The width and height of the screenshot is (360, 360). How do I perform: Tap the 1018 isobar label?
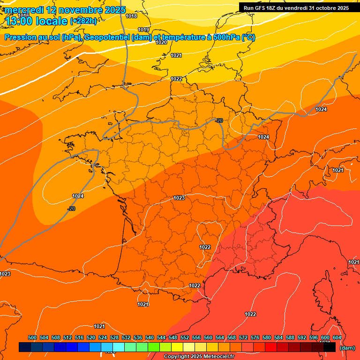coord(132,16)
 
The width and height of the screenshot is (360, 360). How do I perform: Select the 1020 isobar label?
coord(161,42)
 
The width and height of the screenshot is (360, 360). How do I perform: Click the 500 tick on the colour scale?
coord(32,337)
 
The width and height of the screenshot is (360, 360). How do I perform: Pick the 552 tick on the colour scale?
coord(185,337)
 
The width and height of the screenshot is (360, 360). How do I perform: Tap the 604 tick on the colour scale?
coord(337,337)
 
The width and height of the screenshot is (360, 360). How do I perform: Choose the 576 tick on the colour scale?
coord(255,337)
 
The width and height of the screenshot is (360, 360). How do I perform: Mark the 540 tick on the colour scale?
coord(150,337)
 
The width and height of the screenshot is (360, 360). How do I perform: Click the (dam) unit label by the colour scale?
coord(347,348)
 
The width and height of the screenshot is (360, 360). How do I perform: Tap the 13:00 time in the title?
coord(22,21)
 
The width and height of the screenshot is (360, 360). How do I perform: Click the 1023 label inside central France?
coord(179,198)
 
